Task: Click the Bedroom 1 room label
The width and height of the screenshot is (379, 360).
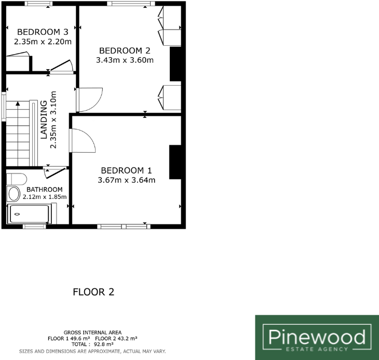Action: (127, 170)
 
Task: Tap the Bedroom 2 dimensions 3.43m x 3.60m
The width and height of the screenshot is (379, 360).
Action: (125, 60)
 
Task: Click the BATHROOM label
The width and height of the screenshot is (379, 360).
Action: (45, 190)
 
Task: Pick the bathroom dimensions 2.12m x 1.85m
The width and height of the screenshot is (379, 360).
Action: (45, 197)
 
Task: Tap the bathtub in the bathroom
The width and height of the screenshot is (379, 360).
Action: (29, 214)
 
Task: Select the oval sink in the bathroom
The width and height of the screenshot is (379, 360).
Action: (14, 194)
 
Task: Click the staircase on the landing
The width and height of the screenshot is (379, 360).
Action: (20, 130)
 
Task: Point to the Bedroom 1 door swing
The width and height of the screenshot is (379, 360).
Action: (82, 140)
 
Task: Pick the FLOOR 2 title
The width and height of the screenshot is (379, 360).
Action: (93, 292)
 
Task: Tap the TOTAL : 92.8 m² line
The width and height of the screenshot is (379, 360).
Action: (92, 344)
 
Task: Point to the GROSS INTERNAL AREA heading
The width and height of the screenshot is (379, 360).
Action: (92, 332)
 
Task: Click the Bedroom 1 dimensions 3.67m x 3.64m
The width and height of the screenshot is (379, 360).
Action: (127, 180)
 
